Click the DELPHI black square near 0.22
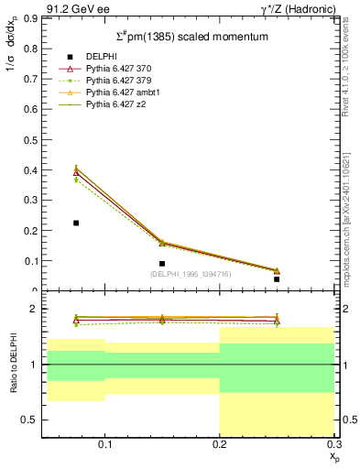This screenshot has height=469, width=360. pyautogui.click(x=76, y=223)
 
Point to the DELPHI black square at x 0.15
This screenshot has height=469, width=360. pyautogui.click(x=162, y=264)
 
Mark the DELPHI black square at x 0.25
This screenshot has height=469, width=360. pyautogui.click(x=277, y=278)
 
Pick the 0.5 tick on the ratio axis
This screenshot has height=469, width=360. pyautogui.click(x=31, y=420)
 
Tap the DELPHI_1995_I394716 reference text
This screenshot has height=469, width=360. pyautogui.click(x=191, y=274)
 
